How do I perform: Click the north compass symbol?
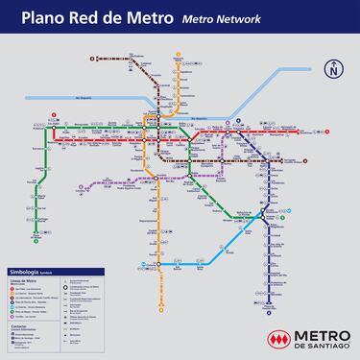pos(333,69)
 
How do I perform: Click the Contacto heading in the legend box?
pos(22,324)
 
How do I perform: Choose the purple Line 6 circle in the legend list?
pos(14,313)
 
